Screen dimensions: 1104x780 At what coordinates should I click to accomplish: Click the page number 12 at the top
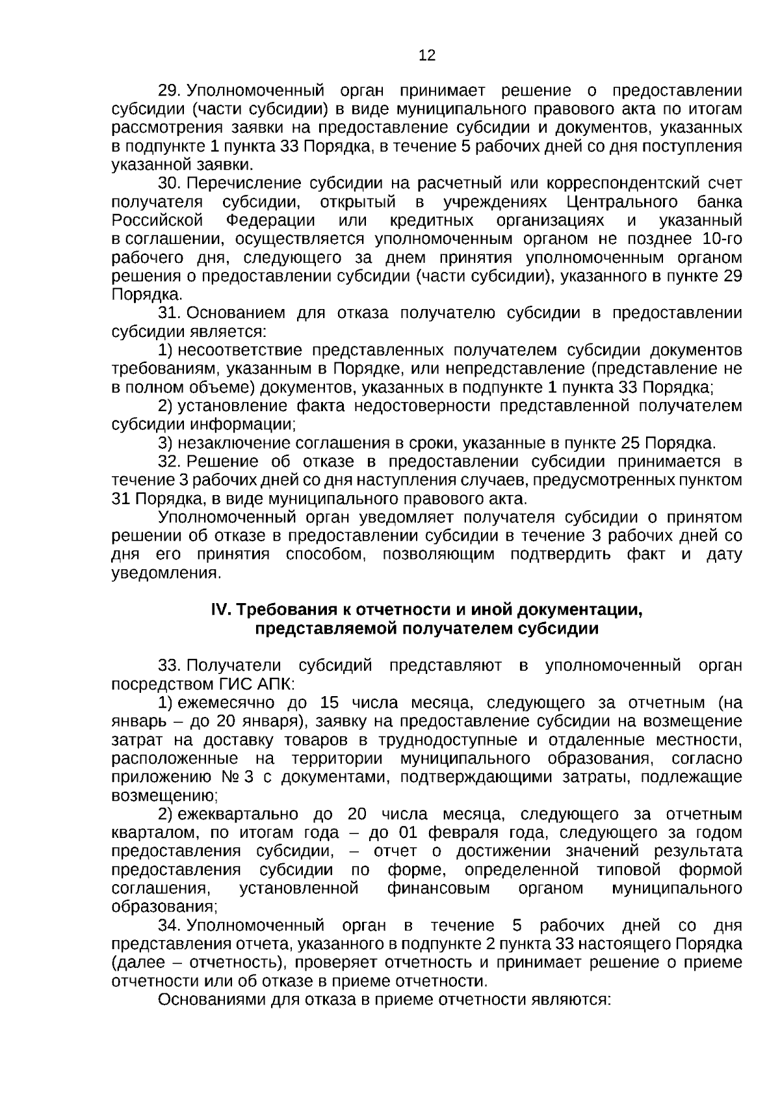[427, 56]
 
